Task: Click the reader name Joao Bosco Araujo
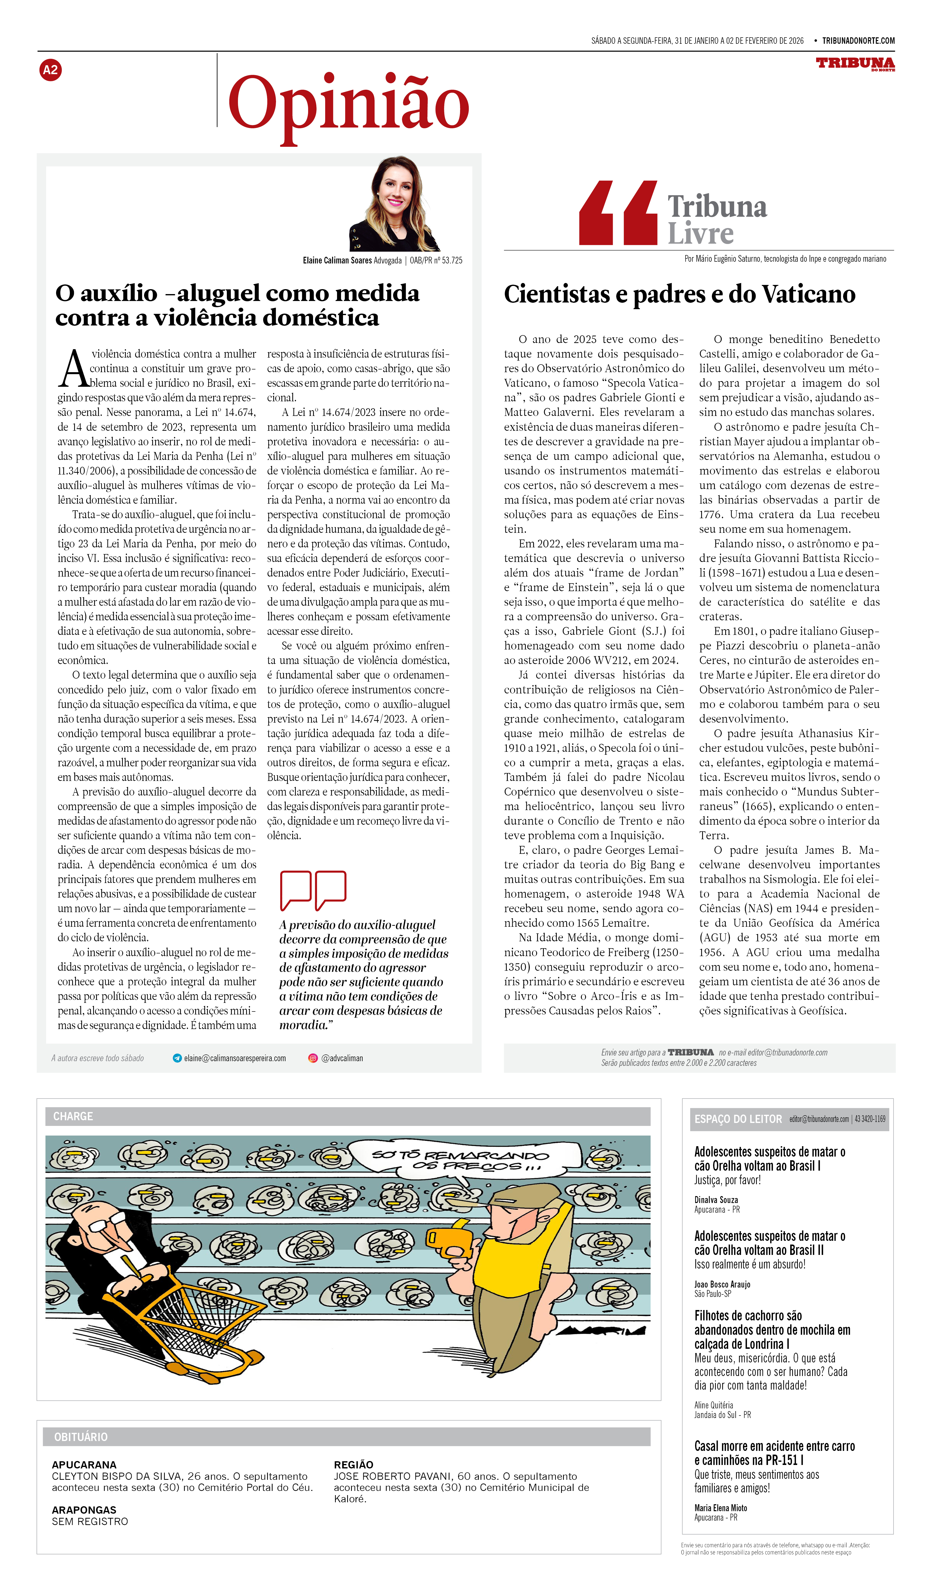tap(722, 1284)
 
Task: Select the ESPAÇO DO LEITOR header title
tap(738, 1119)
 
